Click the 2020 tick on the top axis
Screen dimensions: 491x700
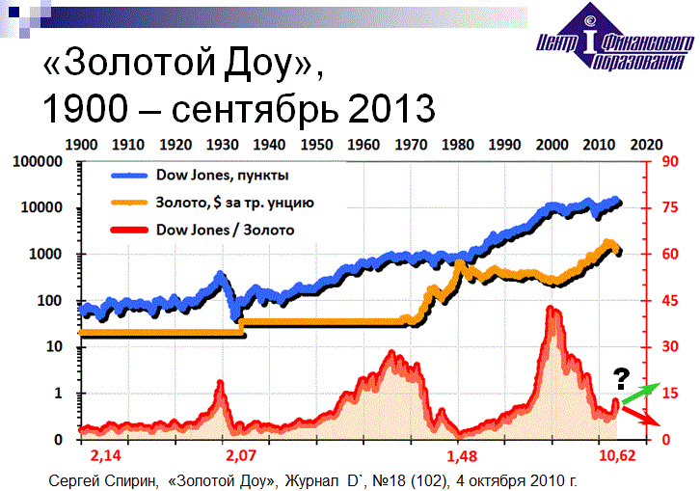point(646,144)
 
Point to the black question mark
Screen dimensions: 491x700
point(622,376)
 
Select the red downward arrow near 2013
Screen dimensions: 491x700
point(640,415)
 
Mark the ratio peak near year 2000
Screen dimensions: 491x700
point(550,310)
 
